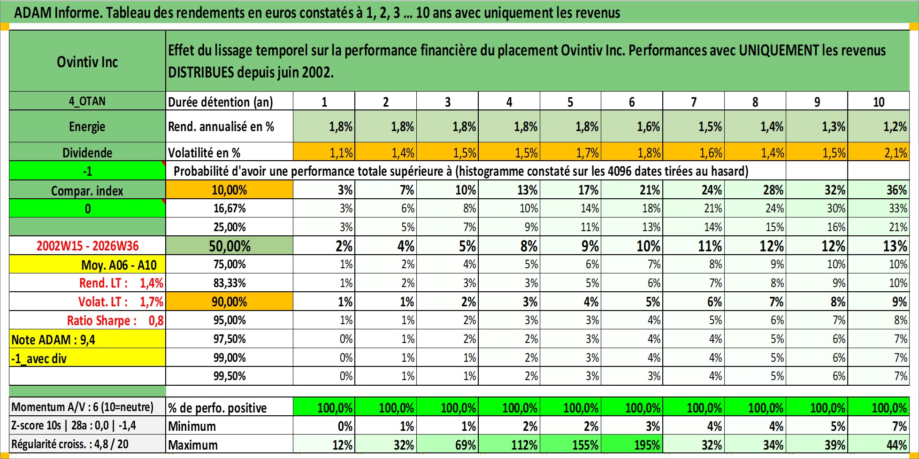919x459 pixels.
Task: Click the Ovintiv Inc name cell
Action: tap(87, 62)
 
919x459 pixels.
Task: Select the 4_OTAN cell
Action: tap(87, 101)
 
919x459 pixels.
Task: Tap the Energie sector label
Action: tap(87, 126)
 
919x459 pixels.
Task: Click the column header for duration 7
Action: tap(693, 101)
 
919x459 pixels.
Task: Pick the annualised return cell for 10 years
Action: tap(879, 126)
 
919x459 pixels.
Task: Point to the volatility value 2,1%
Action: tap(879, 152)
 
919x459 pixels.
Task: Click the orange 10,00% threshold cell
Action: tap(230, 190)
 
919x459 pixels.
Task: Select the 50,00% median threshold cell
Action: tap(230, 246)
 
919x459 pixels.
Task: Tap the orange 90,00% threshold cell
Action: tap(230, 302)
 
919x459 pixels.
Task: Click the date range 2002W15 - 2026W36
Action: tap(87, 246)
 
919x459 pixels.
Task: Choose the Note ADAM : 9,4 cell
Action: tap(87, 339)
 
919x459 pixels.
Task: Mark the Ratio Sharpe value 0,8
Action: tap(156, 320)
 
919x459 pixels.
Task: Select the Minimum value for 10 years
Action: tap(879, 426)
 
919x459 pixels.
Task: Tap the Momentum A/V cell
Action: tap(87, 407)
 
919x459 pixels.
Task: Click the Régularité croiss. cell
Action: tap(87, 444)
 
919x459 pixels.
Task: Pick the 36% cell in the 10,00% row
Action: tap(879, 190)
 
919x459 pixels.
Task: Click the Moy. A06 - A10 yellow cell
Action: tap(87, 265)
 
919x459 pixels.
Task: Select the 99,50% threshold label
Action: tap(230, 376)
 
